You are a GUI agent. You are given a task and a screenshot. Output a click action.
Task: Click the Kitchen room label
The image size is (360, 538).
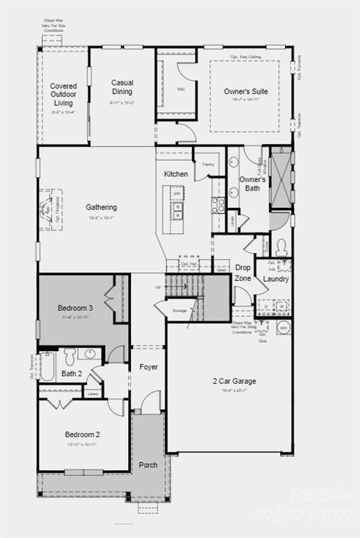pyautogui.click(x=176, y=174)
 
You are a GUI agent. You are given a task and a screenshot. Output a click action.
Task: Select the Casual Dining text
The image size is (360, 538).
pyautogui.click(x=122, y=87)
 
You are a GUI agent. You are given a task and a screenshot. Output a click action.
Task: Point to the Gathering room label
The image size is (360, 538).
pyautogui.click(x=102, y=207)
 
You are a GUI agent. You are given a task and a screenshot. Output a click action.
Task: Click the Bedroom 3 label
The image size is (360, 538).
pyautogui.click(x=75, y=308)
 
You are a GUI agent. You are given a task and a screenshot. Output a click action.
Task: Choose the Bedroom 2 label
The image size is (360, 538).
pyautogui.click(x=83, y=434)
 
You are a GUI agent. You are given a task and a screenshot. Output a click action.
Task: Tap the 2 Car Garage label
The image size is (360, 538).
pyautogui.click(x=235, y=381)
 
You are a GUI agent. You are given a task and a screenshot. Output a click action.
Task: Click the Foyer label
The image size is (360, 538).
pyautogui.click(x=148, y=367)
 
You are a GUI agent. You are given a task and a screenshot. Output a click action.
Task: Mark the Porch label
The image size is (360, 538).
pyautogui.click(x=148, y=464)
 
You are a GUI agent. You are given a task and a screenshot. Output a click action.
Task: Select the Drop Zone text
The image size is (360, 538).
pyautogui.click(x=243, y=273)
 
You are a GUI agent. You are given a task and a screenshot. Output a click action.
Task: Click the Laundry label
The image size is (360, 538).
pyautogui.click(x=276, y=279)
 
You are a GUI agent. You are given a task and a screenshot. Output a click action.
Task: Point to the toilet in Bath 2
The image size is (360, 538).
pyautogui.click(x=70, y=357)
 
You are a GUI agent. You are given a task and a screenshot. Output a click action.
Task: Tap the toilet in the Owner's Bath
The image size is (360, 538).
pyautogui.click(x=281, y=247)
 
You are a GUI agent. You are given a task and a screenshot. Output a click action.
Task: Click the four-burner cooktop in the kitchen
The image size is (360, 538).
pyautogui.click(x=218, y=205)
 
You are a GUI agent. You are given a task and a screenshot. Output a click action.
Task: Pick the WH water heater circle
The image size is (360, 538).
pyautogui.click(x=284, y=328)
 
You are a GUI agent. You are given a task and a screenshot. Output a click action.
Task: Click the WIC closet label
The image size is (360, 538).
pyautogui.click(x=161, y=90)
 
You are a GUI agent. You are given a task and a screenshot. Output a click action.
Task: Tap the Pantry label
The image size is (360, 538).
pyautogui.click(x=208, y=165)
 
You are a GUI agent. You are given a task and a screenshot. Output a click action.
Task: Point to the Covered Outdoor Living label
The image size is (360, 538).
pyautogui.click(x=64, y=95)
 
